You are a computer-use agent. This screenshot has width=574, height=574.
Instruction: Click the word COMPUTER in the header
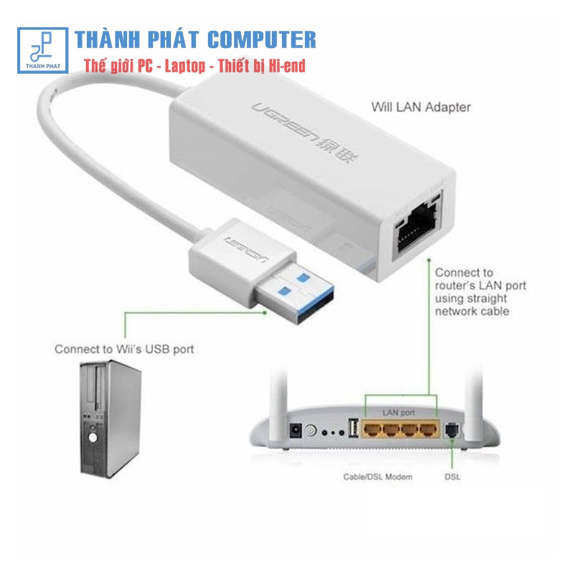click(x=261, y=39)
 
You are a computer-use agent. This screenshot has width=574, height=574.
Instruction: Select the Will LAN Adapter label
click(x=420, y=108)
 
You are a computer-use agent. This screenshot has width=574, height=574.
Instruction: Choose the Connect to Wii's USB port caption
click(x=124, y=349)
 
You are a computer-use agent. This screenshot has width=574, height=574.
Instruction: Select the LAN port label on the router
click(x=398, y=413)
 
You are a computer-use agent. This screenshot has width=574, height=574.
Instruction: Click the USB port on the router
click(x=353, y=428)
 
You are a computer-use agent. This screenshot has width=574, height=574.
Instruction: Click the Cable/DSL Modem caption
click(x=377, y=476)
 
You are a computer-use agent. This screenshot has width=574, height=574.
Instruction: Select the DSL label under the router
click(x=452, y=476)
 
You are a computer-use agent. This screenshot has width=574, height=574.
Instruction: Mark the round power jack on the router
click(x=310, y=431)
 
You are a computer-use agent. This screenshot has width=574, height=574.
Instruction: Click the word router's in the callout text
click(x=458, y=286)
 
